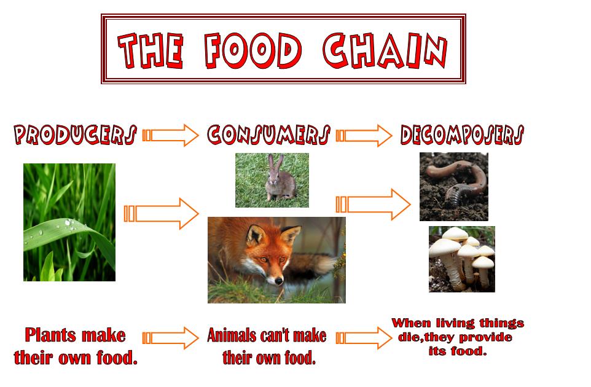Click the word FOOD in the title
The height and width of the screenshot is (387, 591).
(x=253, y=50)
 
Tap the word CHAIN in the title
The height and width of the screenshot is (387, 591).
(x=385, y=50)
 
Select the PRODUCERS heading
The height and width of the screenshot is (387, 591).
(x=75, y=135)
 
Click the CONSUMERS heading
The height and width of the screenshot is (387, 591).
(x=268, y=135)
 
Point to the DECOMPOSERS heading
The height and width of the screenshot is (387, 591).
(x=462, y=135)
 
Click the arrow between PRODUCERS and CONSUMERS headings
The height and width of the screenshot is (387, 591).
(x=170, y=135)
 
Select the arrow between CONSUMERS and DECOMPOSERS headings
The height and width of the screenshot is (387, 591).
(x=364, y=135)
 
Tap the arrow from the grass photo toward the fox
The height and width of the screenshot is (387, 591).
(x=162, y=214)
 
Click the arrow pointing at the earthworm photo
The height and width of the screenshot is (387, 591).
(x=373, y=205)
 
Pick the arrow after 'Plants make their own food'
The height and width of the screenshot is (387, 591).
(x=170, y=338)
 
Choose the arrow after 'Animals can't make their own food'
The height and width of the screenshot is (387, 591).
(x=364, y=338)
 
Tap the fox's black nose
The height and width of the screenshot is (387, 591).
(x=278, y=281)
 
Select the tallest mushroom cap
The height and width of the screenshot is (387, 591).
(x=455, y=233)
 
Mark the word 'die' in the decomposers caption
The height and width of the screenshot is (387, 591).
(x=407, y=337)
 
